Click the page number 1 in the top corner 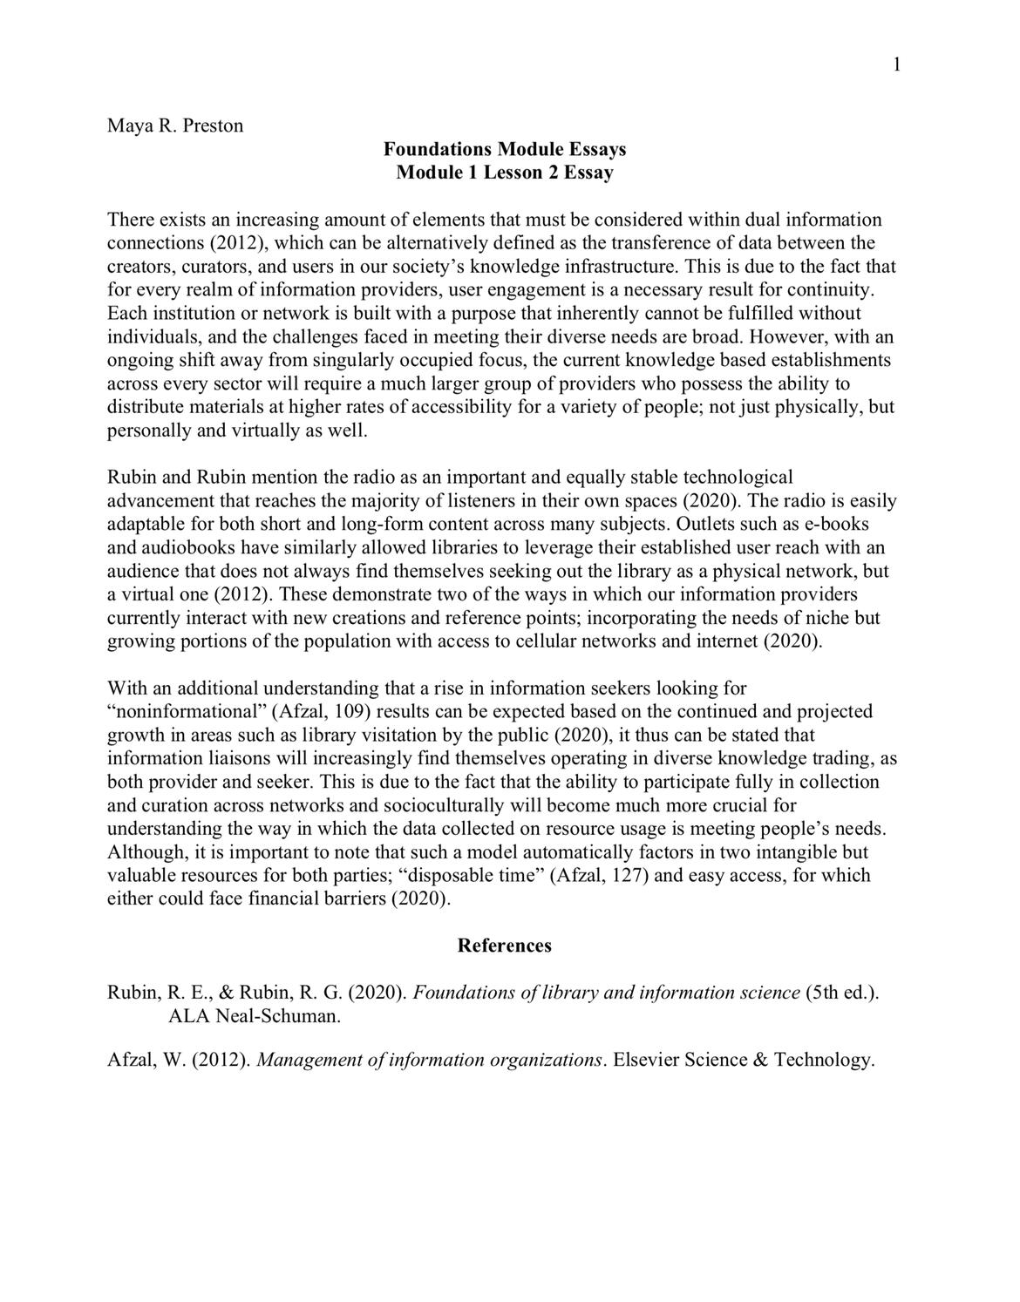[896, 65]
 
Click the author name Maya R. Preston [175, 125]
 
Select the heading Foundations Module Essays [505, 149]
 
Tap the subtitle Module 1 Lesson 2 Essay [505, 173]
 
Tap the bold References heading [505, 946]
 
